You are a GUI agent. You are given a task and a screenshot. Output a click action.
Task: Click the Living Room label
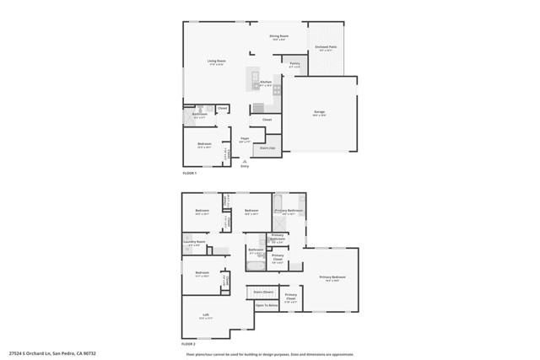[217, 62]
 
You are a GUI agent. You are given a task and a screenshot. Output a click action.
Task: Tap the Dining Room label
[279, 36]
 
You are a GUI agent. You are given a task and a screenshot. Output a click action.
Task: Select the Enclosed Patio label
[326, 49]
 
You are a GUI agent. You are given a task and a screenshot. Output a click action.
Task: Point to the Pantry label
[295, 64]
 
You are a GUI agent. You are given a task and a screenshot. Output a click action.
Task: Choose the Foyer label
[245, 139]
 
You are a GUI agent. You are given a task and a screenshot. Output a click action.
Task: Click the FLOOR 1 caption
[190, 173]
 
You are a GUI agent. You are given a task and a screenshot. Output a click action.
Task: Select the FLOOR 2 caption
[189, 345]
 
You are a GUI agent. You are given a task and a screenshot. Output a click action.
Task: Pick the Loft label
[206, 316]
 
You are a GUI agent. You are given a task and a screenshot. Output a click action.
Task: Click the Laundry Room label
[194, 244]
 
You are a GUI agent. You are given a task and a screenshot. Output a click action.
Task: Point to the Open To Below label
[267, 305]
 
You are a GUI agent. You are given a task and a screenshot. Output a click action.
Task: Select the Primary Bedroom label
[332, 277]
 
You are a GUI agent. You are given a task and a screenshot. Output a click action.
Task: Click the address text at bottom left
[52, 353]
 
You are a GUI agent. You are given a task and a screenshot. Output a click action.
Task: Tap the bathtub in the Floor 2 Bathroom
[256, 266]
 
